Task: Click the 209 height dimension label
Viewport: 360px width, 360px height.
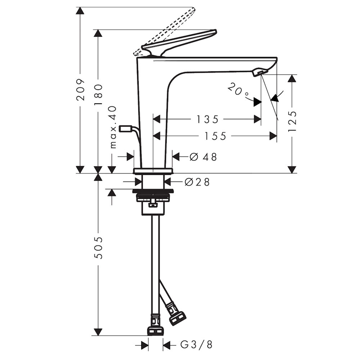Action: [x=80, y=90]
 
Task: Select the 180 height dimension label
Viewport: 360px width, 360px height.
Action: [x=98, y=95]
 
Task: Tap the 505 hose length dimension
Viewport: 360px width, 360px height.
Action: [x=99, y=248]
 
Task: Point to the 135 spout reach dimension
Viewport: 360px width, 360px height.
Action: [x=207, y=120]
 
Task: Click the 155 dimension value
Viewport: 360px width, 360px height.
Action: [x=215, y=136]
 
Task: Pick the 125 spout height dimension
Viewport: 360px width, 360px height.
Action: [x=292, y=121]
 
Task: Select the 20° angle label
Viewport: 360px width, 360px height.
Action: [x=238, y=90]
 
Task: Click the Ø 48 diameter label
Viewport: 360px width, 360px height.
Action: [x=203, y=157]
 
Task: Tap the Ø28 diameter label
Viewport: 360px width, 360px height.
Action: [x=197, y=182]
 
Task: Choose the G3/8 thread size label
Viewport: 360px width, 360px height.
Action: [x=197, y=345]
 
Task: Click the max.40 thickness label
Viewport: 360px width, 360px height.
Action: [x=113, y=127]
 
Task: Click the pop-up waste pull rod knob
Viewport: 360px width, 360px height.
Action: [x=126, y=129]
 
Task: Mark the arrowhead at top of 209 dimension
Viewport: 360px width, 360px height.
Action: [x=80, y=11]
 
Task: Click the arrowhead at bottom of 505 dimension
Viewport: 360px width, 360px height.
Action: [x=98, y=332]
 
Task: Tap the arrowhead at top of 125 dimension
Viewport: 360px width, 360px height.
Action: [x=292, y=78]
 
